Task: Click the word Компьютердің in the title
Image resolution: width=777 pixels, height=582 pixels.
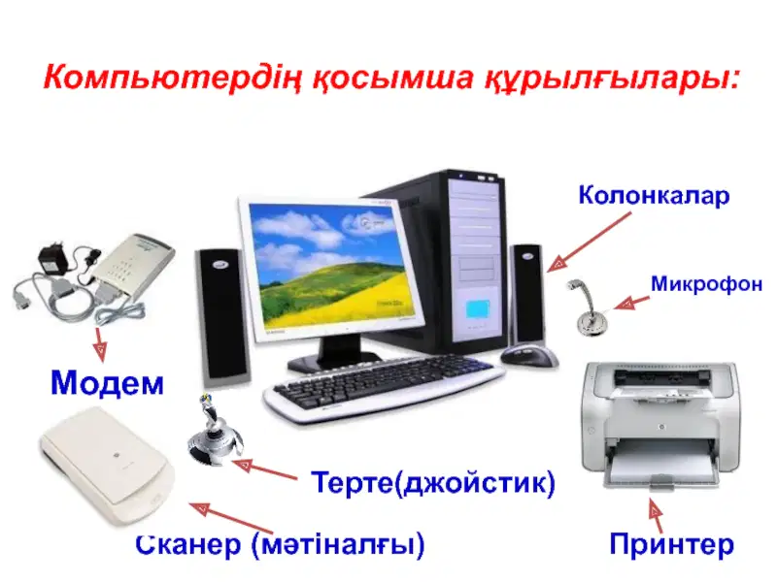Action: [x=172, y=78]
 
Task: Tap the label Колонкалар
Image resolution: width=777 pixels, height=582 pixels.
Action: [x=654, y=195]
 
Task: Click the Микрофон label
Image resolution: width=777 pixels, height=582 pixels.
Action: [x=706, y=284]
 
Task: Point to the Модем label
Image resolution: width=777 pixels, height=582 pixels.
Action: [x=107, y=382]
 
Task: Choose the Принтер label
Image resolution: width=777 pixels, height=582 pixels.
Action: [x=671, y=544]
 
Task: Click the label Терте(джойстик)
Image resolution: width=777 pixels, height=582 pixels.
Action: [x=432, y=482]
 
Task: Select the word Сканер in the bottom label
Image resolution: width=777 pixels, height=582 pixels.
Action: [x=188, y=544]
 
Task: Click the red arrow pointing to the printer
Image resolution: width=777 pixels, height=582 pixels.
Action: [x=656, y=515]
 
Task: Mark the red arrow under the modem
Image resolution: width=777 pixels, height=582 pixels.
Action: [x=100, y=343]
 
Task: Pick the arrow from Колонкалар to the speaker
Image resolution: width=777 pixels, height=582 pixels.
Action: [x=589, y=242]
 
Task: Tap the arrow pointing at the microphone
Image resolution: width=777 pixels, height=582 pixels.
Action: [x=632, y=303]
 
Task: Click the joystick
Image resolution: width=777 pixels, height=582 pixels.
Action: [x=214, y=430]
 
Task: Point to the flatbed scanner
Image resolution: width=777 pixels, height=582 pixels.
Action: [x=107, y=467]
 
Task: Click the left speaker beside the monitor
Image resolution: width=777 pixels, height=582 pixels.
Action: [x=222, y=317]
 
